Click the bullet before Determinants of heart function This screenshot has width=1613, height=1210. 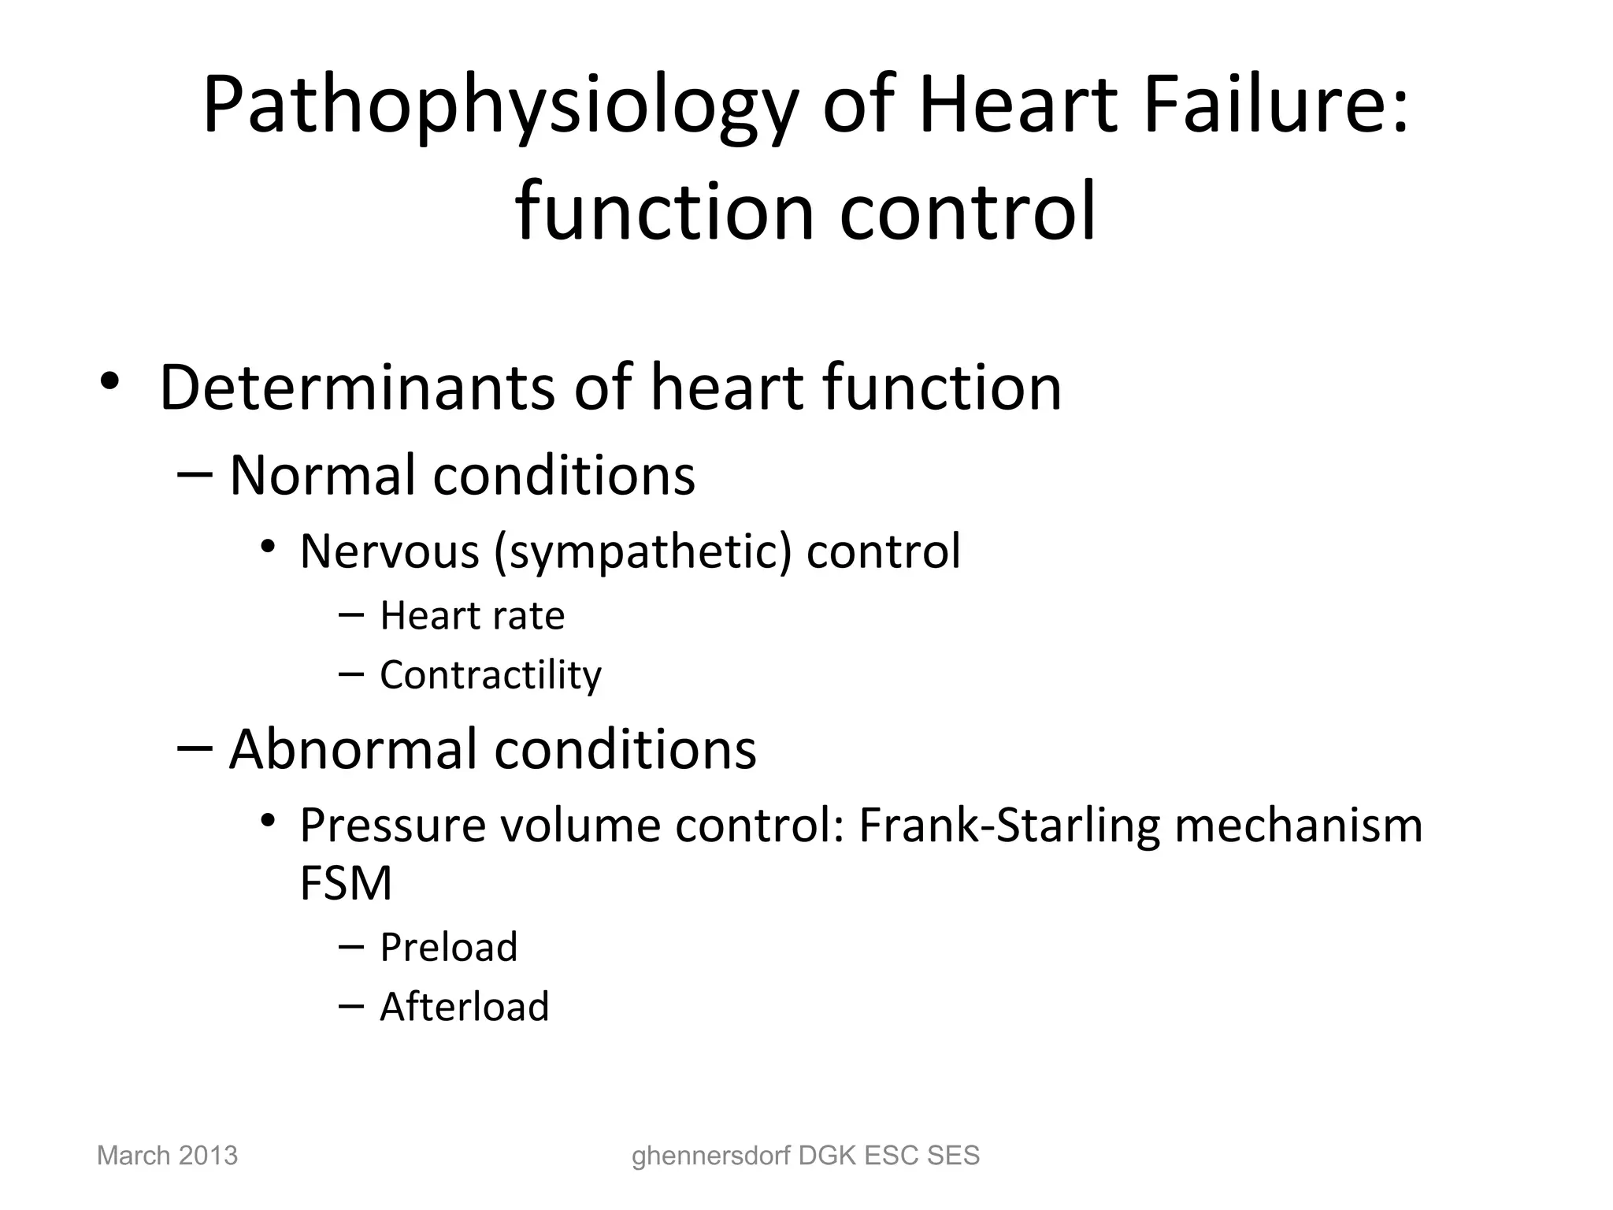pos(109,382)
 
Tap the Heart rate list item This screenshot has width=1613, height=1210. pos(472,615)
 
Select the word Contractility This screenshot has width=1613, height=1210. pos(490,675)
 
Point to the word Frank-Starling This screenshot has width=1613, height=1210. pos(1009,826)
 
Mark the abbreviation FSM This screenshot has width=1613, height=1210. pos(346,883)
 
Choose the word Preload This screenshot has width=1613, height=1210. pos(448,947)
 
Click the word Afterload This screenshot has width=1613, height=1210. pos(464,1007)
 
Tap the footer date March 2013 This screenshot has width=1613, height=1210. pos(167,1156)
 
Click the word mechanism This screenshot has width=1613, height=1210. pos(1299,825)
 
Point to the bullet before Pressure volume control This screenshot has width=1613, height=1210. pos(268,822)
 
